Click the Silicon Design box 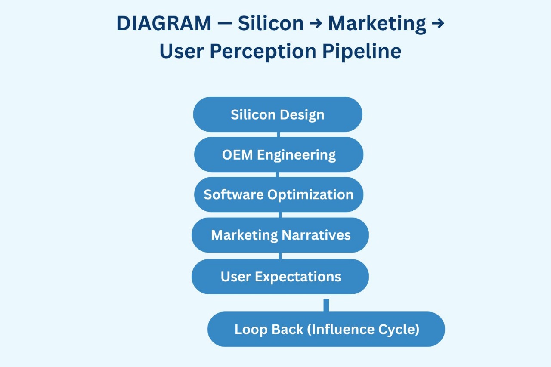(278, 114)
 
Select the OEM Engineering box (279, 154)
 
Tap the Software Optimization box (279, 194)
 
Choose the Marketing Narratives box (280, 235)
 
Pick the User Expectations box (280, 277)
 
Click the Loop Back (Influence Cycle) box (326, 330)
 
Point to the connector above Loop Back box (326, 305)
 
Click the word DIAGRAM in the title (164, 24)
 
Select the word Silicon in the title (271, 24)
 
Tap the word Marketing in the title (377, 24)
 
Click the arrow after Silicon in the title (316, 24)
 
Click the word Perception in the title (263, 52)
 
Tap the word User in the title (181, 52)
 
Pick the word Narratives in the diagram (316, 235)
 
